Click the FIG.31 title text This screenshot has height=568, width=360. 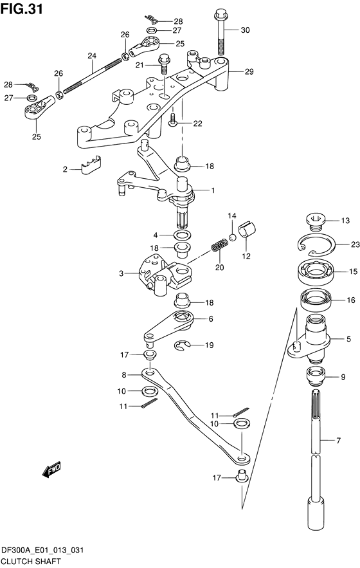22,9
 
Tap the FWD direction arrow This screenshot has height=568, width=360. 51,470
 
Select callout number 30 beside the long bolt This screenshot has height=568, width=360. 245,30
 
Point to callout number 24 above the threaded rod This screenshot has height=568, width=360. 92,56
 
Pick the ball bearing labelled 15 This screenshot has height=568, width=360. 316,271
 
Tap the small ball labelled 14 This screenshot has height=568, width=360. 232,237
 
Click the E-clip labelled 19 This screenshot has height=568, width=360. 183,346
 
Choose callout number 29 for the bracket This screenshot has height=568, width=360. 249,72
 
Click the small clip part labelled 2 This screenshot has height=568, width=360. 91,165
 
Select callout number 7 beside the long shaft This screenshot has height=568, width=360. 338,441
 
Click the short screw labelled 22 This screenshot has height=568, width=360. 173,121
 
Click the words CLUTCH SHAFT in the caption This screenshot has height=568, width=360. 31,562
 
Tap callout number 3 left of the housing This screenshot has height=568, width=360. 122,273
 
